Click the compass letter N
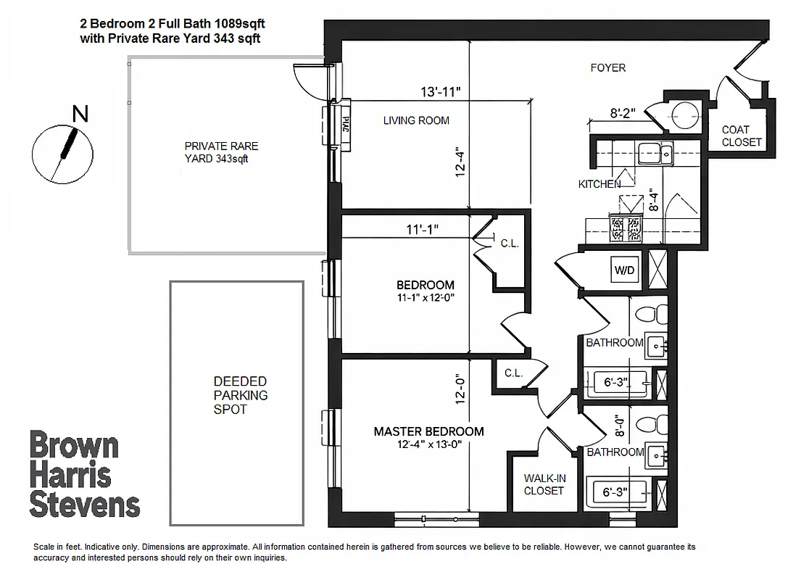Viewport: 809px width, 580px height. point(80,114)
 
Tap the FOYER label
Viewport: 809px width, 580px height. point(607,68)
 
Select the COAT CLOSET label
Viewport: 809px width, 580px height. point(742,136)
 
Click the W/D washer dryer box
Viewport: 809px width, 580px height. point(624,270)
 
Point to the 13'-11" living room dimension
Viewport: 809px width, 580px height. point(441,92)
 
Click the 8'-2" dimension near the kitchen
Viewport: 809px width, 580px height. point(622,113)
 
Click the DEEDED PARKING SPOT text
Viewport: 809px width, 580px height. point(240,395)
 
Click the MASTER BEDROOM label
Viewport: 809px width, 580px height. point(428,431)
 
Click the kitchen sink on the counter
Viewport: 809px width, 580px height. point(657,152)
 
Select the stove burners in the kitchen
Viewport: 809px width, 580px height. point(627,228)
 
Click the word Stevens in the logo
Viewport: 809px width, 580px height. point(84,504)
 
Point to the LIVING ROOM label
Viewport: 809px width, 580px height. point(416,120)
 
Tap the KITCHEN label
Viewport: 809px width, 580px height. point(599,184)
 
